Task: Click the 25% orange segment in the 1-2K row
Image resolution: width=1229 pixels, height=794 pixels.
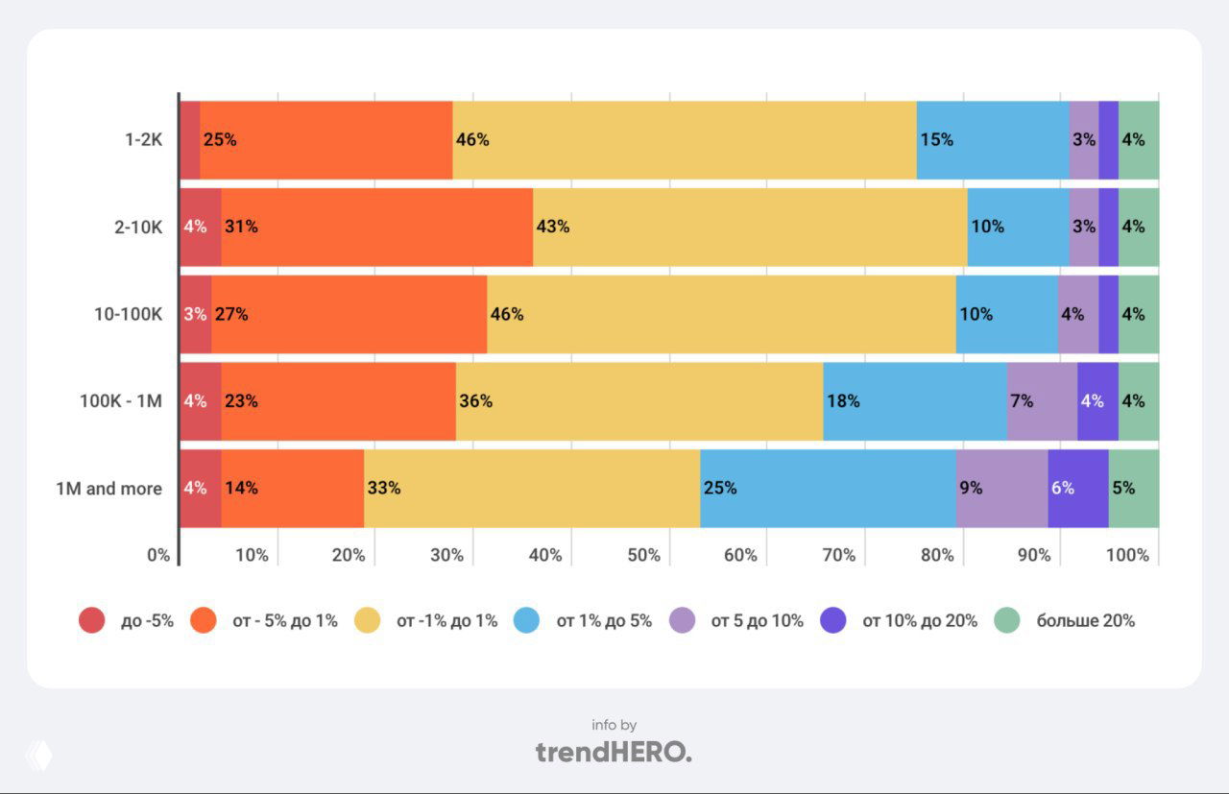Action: (326, 140)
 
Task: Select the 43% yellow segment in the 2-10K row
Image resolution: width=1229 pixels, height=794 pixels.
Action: (750, 228)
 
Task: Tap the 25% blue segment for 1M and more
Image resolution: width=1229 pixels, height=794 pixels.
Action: (828, 488)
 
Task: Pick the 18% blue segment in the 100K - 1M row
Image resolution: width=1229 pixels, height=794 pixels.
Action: (915, 401)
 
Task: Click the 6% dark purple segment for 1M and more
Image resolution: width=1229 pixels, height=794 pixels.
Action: (1077, 488)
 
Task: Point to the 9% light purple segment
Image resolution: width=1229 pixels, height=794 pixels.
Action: (1001, 488)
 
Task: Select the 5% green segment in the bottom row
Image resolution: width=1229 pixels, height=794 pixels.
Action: (1134, 488)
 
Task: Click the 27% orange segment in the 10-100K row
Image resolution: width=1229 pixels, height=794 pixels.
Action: (349, 314)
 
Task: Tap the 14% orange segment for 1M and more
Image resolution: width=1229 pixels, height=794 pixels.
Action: (293, 488)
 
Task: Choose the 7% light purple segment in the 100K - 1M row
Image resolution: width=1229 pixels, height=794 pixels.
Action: (1042, 401)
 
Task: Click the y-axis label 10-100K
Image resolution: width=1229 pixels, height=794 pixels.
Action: (128, 314)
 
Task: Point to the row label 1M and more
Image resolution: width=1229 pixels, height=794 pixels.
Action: (108, 489)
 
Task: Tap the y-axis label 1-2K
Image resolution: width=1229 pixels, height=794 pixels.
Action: (144, 140)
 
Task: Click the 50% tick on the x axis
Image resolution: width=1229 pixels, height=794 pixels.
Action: (643, 555)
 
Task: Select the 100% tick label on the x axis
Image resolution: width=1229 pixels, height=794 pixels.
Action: (1126, 555)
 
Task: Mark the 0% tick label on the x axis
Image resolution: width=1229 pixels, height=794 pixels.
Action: (158, 555)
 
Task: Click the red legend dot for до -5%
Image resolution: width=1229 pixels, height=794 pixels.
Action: (91, 621)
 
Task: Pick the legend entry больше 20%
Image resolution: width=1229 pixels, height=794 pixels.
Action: (1085, 621)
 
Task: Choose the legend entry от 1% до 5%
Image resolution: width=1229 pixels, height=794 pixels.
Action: (604, 621)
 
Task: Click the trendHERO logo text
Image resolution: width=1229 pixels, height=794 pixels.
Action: (614, 752)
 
